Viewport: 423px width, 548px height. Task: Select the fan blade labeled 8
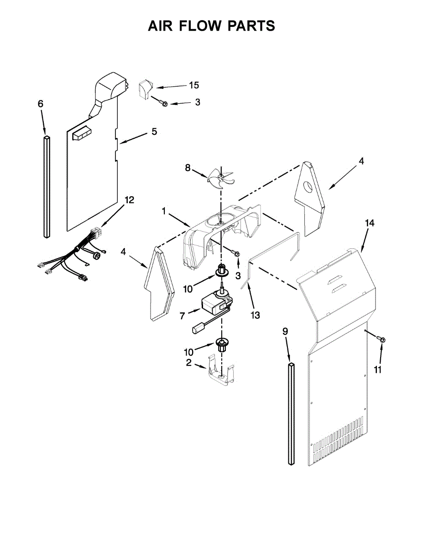point(219,176)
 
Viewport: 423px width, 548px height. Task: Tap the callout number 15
point(194,85)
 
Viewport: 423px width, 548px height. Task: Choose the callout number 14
point(370,223)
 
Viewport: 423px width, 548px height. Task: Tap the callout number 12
point(129,200)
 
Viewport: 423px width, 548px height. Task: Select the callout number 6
point(41,104)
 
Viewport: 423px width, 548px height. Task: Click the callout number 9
point(285,332)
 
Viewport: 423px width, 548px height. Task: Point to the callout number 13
point(255,315)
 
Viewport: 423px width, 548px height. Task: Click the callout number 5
point(154,132)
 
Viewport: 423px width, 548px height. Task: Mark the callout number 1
point(163,211)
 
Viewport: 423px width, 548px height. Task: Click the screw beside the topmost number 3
point(163,103)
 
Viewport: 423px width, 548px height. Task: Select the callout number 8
point(188,168)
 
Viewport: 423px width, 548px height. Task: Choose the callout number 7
point(183,316)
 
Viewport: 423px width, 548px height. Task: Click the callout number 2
point(188,364)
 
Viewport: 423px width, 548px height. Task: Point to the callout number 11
point(377,370)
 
